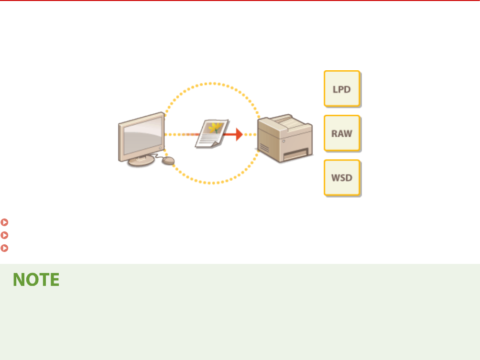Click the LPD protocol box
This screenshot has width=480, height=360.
pyautogui.click(x=342, y=89)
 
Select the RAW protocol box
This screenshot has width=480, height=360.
pyautogui.click(x=342, y=133)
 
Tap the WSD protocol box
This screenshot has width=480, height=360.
pyautogui.click(x=342, y=178)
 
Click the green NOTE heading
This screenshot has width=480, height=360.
pyautogui.click(x=36, y=280)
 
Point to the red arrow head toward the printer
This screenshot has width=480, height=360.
pyautogui.click(x=238, y=134)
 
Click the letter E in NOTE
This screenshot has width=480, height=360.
pyautogui.click(x=55, y=280)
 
